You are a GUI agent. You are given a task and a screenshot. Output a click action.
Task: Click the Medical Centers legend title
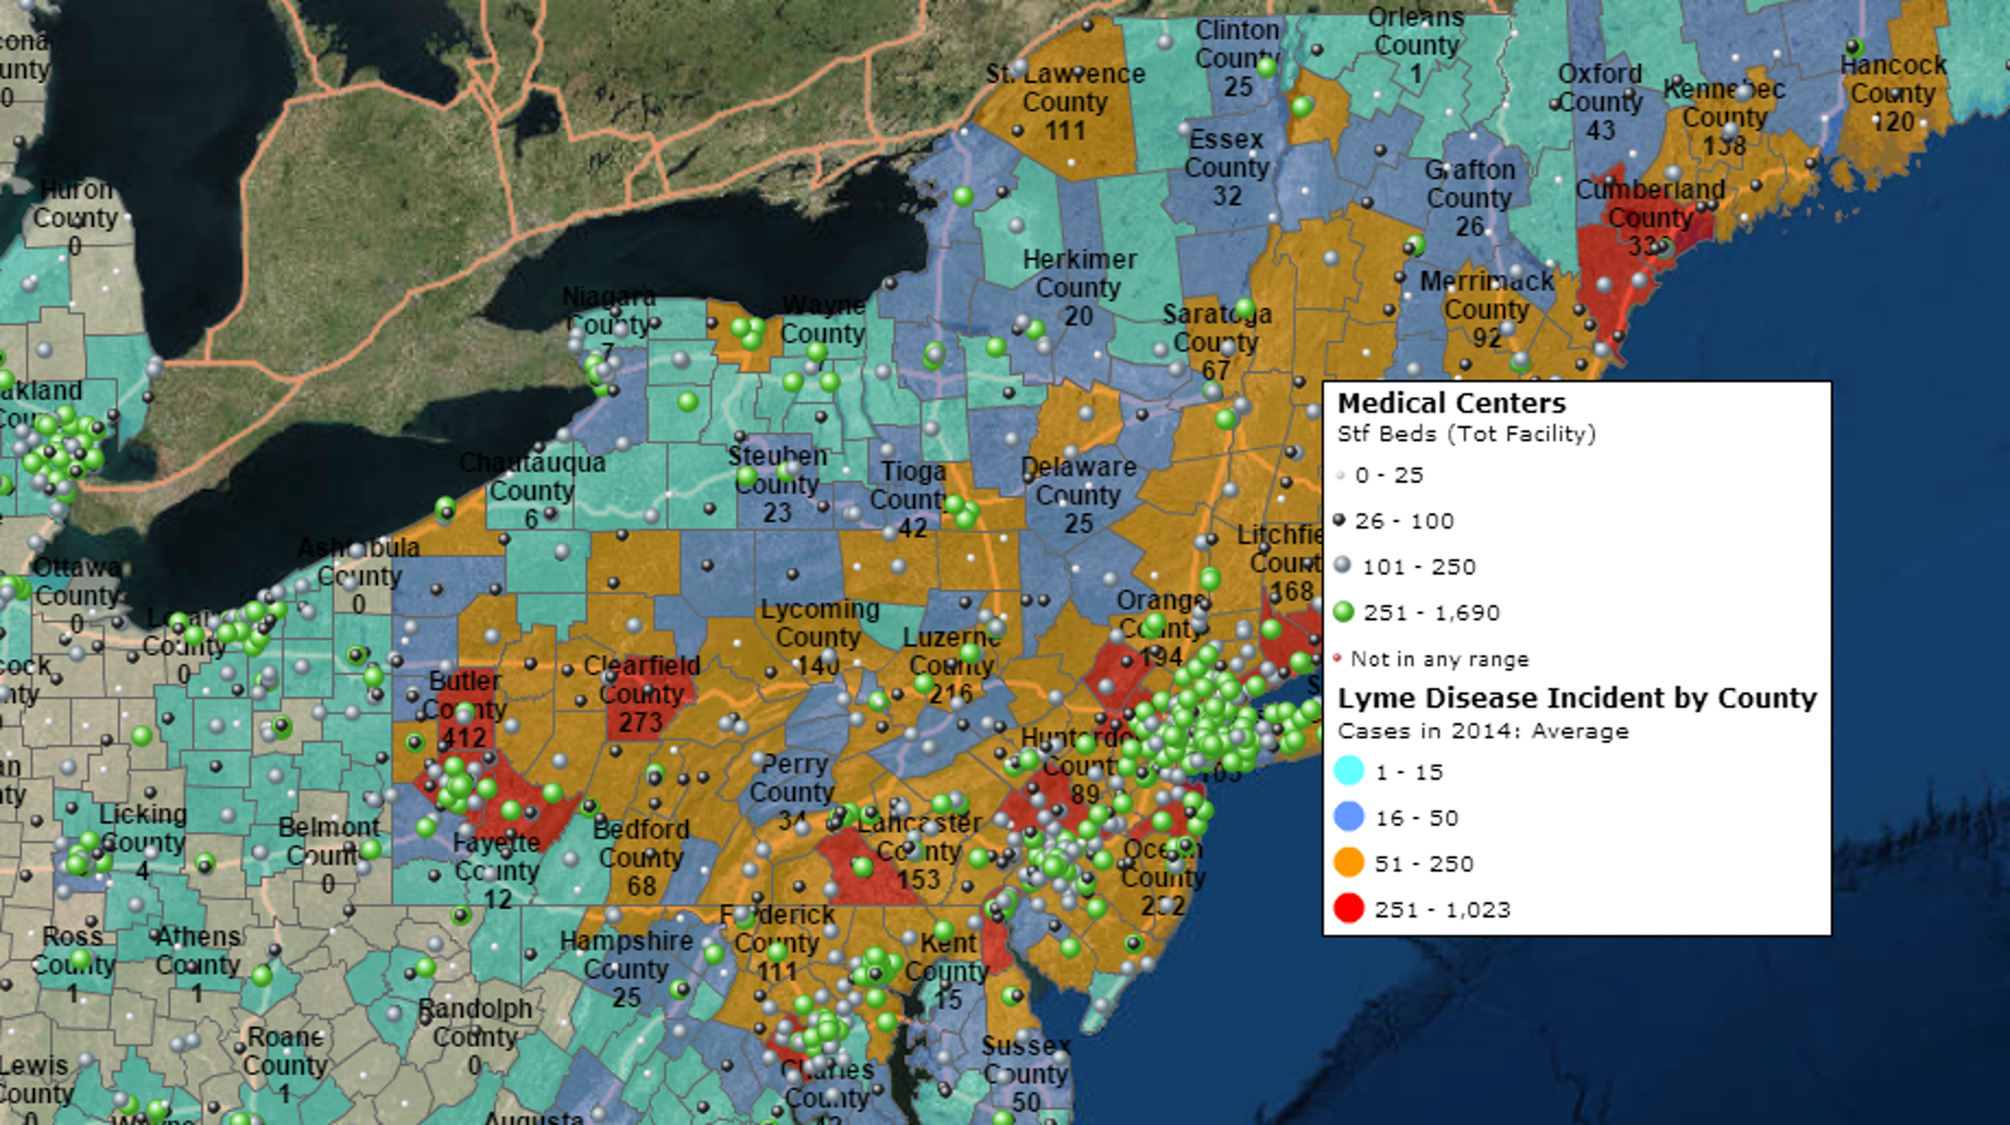(1451, 404)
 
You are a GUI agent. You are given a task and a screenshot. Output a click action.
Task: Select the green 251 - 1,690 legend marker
(1343, 612)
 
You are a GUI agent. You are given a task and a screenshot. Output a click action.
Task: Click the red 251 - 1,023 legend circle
(1349, 909)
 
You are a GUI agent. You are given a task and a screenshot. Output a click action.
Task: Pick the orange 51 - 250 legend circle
(1349, 863)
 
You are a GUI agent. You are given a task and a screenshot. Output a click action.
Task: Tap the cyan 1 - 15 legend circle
(1349, 771)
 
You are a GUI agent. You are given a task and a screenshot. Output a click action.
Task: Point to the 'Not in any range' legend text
(1440, 659)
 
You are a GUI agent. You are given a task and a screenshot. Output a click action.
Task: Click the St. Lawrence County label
(1065, 88)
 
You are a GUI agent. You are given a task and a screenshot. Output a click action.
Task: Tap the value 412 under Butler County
(465, 737)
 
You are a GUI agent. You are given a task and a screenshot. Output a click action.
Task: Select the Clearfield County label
(641, 679)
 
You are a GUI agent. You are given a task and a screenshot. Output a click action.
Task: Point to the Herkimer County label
(1079, 273)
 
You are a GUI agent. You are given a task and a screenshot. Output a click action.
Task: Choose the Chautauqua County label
(532, 477)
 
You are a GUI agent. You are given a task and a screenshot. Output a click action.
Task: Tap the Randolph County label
(475, 1023)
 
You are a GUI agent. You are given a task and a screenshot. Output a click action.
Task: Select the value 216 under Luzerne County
(950, 694)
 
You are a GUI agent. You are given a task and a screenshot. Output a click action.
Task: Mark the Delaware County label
(1078, 481)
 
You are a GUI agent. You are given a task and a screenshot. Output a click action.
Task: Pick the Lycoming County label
(819, 623)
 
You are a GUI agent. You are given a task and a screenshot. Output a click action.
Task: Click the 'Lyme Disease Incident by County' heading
(1577, 698)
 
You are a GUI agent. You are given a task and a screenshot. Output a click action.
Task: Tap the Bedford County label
(641, 843)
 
